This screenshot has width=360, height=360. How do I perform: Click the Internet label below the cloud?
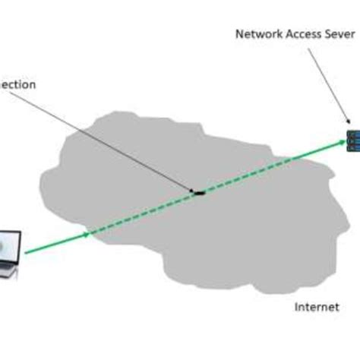coord(316,308)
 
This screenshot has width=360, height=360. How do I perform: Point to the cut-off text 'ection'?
coord(17,85)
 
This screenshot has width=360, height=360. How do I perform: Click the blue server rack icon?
coord(352,140)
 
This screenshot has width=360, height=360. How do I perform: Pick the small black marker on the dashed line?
coord(199,192)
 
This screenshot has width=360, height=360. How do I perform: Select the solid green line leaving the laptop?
coord(53,244)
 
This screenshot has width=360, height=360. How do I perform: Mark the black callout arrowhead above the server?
coord(347,125)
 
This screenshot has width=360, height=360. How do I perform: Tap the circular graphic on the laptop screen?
coord(8,246)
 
